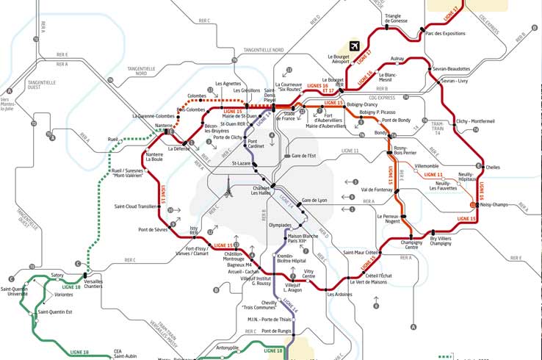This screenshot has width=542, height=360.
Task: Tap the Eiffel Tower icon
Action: coord(229,192)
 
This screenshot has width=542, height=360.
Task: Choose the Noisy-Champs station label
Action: coord(494,204)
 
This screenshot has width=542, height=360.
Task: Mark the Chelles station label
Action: coord(492,168)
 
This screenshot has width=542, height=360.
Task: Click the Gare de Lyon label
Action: coord(314,201)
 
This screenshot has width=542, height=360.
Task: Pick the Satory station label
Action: coord(57,276)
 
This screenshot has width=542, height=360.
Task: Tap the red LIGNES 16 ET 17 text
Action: coord(319,87)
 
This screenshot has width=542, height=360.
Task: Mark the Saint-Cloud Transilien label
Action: coord(136,206)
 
